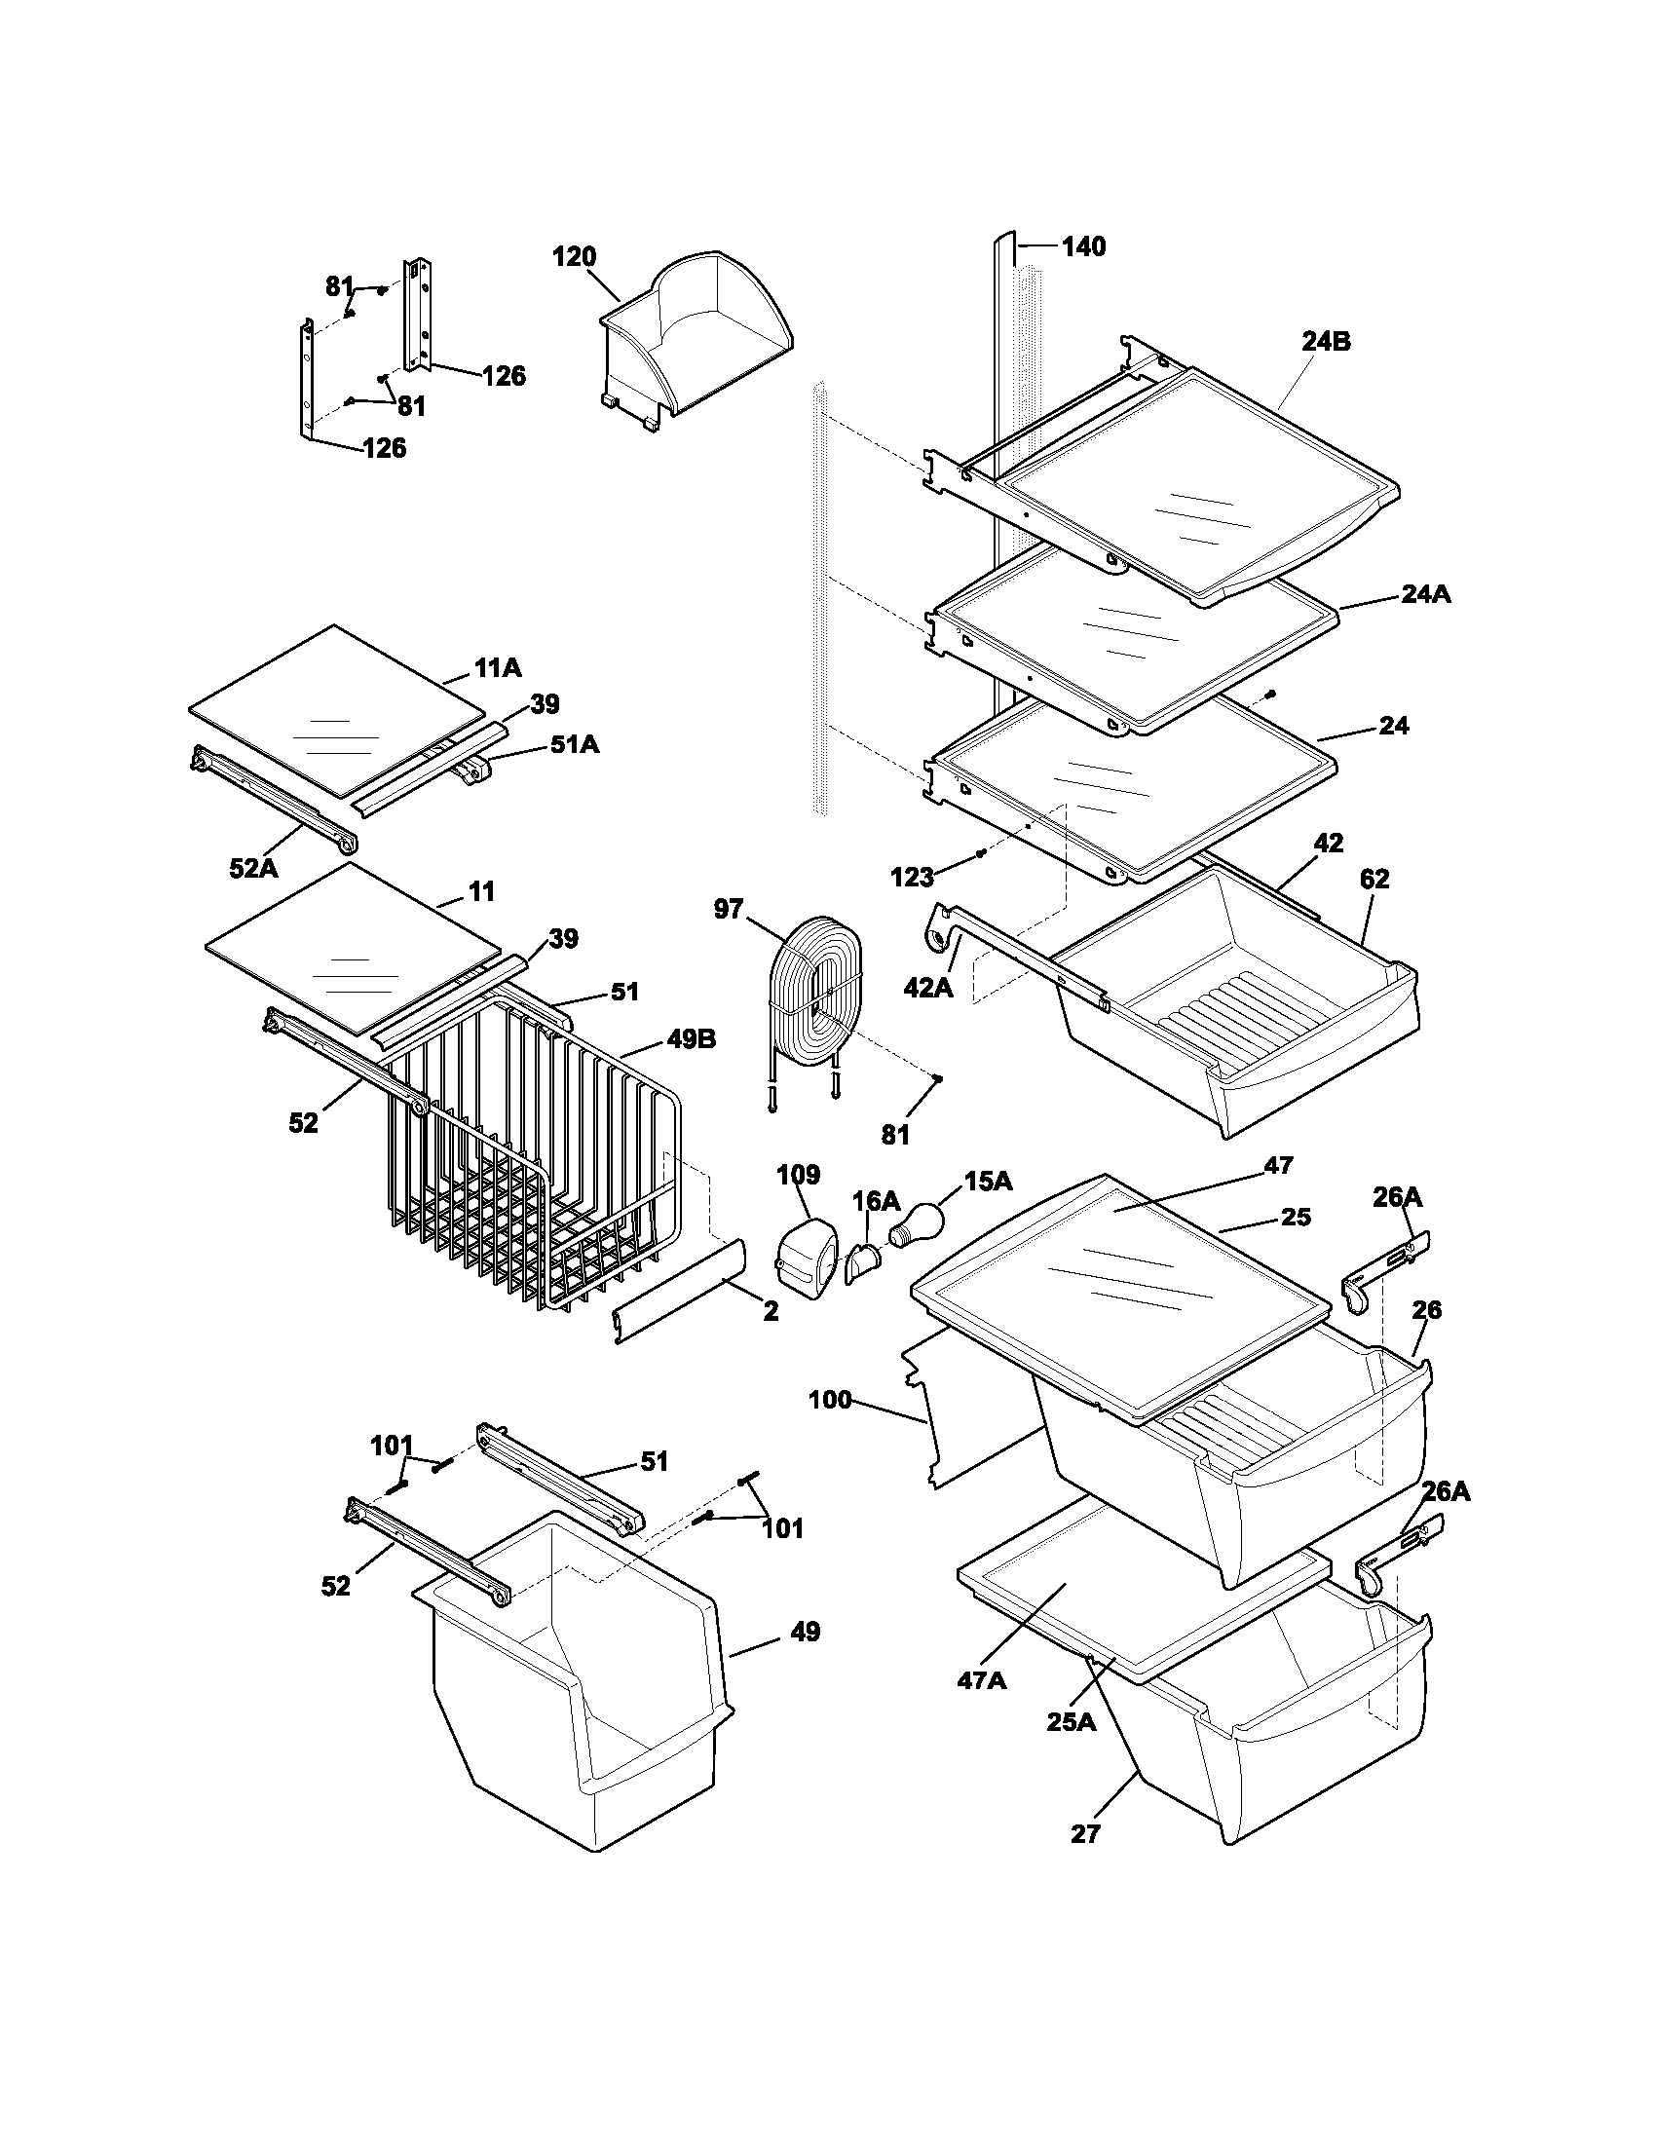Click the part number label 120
(x=574, y=257)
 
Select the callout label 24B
(x=1327, y=342)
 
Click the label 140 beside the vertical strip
(x=1083, y=246)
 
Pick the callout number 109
(x=799, y=1175)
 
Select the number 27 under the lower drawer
(x=1085, y=1833)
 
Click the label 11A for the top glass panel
(x=498, y=668)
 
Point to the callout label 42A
(x=928, y=987)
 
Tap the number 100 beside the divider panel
(x=830, y=1400)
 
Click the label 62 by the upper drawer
(x=1374, y=880)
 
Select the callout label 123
(x=913, y=878)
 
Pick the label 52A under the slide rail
(x=254, y=866)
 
